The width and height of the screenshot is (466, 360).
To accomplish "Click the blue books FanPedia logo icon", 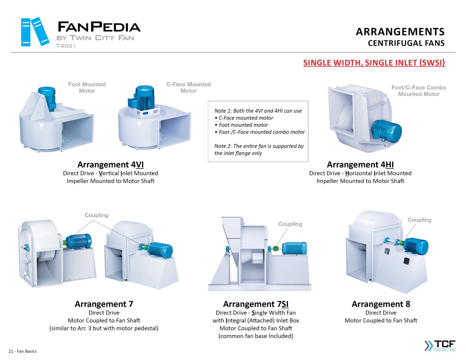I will coord(35,32).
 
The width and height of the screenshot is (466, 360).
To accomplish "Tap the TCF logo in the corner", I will coord(440,345).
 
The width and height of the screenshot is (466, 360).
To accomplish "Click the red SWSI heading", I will coord(374,63).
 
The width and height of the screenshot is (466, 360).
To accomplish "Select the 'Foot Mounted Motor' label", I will coord(87,87).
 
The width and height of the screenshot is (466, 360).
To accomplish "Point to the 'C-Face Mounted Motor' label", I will coord(188,87).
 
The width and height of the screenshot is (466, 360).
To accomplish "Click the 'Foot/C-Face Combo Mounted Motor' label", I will coord(419,91).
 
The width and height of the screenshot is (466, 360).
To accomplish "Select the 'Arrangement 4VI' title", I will coord(110,165).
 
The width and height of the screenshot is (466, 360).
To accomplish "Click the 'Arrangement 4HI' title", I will coord(360,165).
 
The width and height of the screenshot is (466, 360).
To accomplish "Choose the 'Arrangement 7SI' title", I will coord(256,304).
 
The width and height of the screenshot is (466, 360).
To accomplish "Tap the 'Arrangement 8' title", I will coord(381,304).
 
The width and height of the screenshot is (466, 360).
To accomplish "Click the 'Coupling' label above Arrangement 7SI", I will coord(290,224).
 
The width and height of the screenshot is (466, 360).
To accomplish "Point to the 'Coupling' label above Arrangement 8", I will coord(419,220).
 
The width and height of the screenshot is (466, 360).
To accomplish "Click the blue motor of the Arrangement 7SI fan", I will coord(294,248).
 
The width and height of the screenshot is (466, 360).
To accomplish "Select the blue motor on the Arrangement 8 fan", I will coord(416,246).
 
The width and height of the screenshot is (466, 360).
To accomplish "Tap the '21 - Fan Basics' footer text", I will coord(23,351).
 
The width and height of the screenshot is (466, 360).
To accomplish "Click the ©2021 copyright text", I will coord(66,46).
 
